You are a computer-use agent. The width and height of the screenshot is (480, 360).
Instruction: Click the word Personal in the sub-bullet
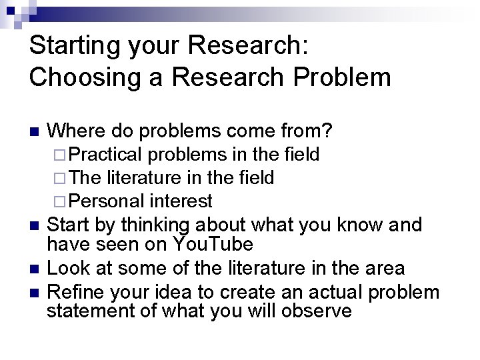point(107,200)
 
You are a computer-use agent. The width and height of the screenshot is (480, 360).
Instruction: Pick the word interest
point(181,200)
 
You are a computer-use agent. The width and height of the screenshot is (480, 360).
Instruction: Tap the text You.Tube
point(213,244)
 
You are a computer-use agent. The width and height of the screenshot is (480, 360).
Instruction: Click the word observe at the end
point(316,310)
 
